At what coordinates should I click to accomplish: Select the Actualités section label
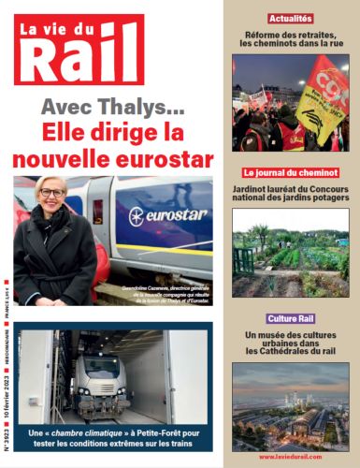[291, 19]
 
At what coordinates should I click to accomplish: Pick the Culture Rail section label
[291, 319]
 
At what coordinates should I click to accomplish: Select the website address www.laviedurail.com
[291, 457]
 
